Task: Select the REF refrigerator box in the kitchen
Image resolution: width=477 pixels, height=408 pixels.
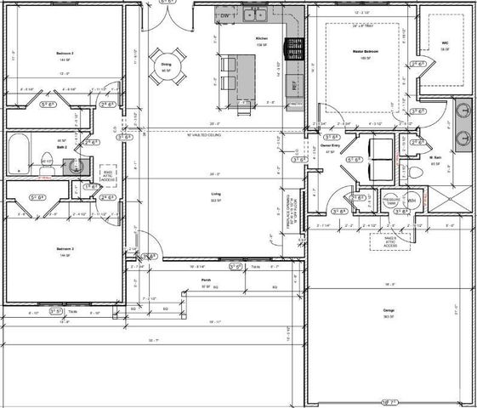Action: pyautogui.click(x=295, y=86)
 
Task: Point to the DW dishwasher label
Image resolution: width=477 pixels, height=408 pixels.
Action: pyautogui.click(x=224, y=16)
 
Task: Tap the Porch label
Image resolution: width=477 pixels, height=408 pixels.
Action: pyautogui.click(x=206, y=280)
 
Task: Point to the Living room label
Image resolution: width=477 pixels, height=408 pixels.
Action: pyautogui.click(x=215, y=195)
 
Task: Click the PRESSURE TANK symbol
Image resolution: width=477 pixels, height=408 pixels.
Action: pyautogui.click(x=391, y=201)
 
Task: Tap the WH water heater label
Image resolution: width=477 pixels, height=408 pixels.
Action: pyautogui.click(x=412, y=201)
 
